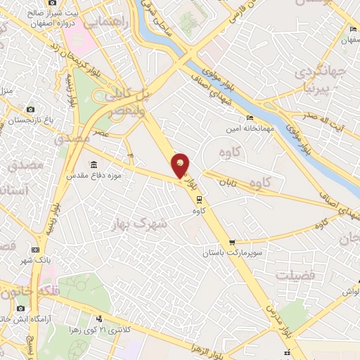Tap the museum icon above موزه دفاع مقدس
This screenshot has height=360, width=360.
pyautogui.click(x=94, y=165)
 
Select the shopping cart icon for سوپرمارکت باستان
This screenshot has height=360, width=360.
pyautogui.click(x=232, y=243)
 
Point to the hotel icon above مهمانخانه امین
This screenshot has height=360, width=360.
pyautogui.click(x=250, y=118)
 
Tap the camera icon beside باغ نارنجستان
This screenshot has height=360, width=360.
pyautogui.click(x=30, y=109)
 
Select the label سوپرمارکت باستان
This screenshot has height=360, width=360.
pyautogui.click(x=232, y=252)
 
